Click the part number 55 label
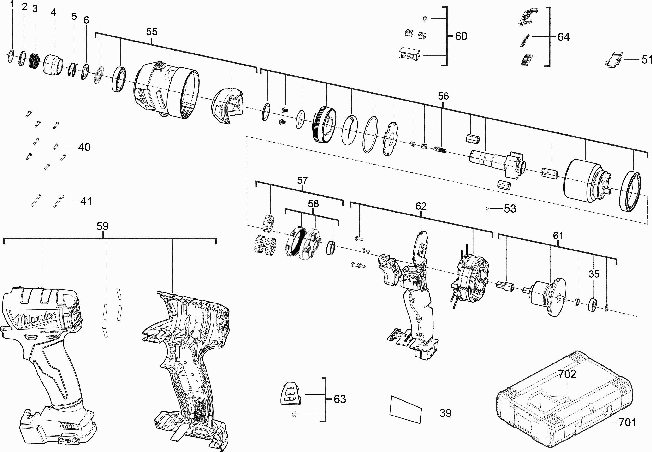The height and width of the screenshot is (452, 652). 152,32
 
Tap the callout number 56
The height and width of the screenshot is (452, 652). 443,96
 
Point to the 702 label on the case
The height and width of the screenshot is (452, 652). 567,374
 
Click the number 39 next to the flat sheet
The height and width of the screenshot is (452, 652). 446,413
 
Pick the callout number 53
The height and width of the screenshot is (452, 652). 510,209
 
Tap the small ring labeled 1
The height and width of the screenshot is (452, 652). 11,56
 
